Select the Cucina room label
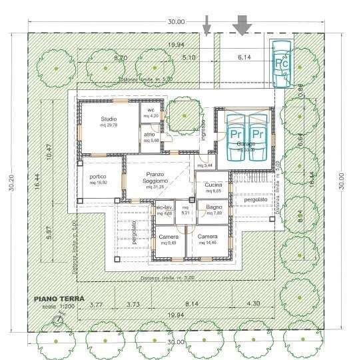[213, 185]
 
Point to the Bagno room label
[213, 207]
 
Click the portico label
[97, 177]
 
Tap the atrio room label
[150, 135]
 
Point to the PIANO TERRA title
[59, 299]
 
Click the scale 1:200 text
[59, 307]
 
